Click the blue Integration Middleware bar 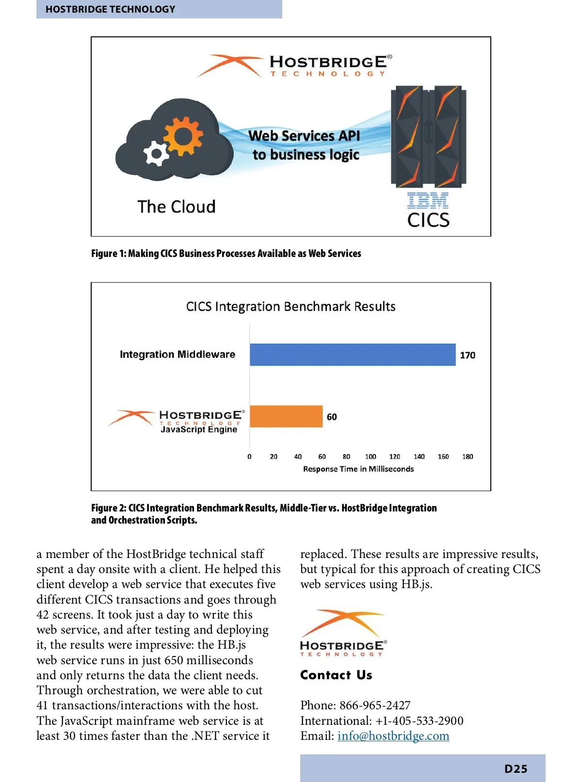point(353,354)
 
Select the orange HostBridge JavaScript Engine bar point(286,416)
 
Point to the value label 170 point(468,355)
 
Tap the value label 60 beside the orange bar point(332,417)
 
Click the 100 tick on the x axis point(371,457)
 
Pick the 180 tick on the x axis point(468,457)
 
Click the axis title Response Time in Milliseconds point(358,469)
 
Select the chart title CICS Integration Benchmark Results point(291,306)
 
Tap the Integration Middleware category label point(178,354)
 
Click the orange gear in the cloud point(183,136)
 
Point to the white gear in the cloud point(156,154)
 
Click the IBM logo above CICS point(428,200)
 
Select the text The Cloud point(177,207)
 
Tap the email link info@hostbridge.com point(393,736)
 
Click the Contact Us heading point(336,675)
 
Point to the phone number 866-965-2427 point(375,705)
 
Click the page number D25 point(516,769)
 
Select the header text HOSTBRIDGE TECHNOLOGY point(111,9)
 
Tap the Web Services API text point(304,136)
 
